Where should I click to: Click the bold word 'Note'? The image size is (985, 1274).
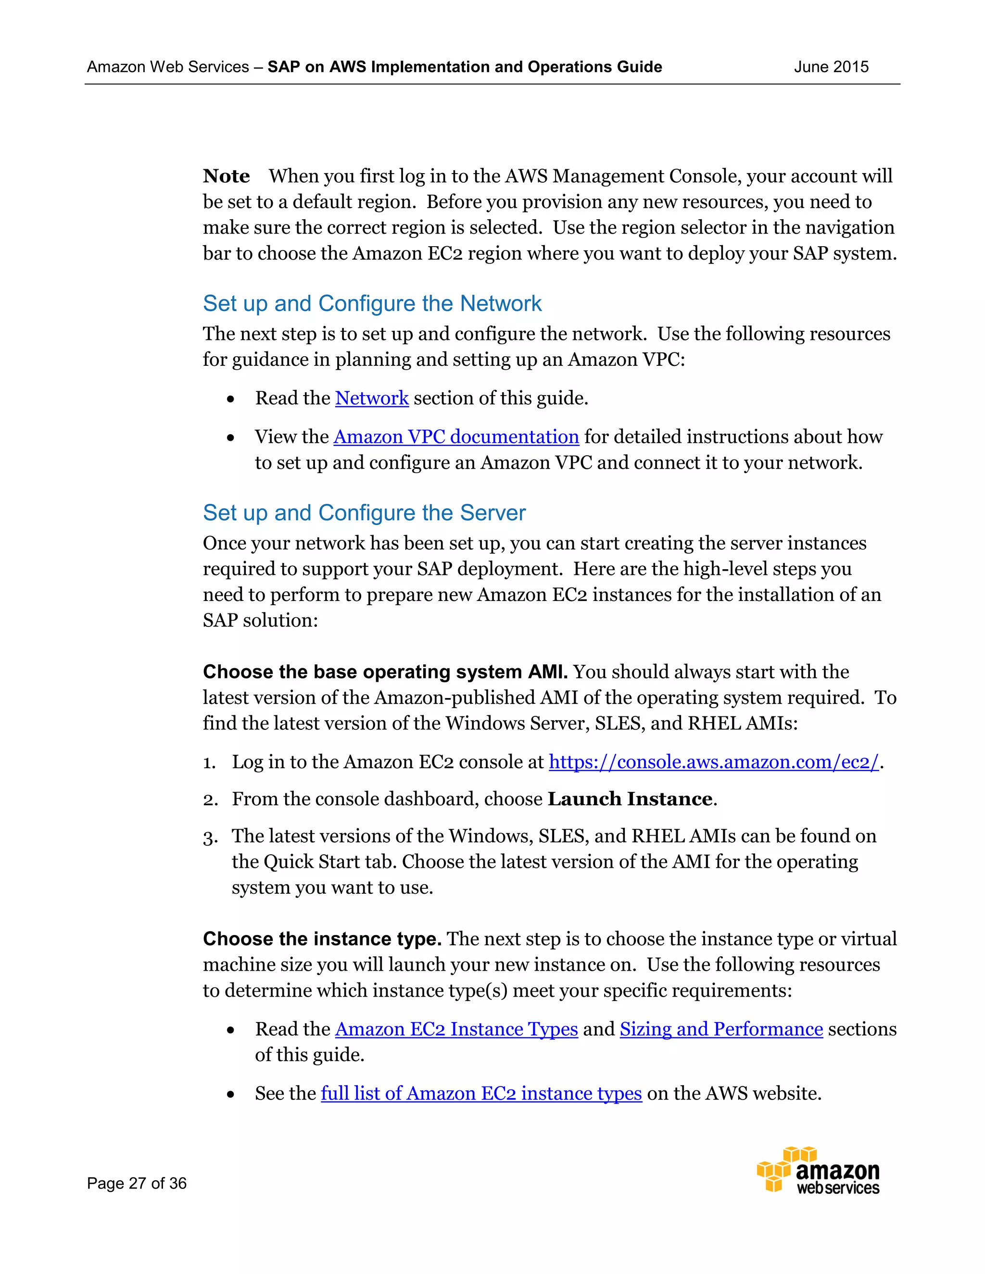(227, 176)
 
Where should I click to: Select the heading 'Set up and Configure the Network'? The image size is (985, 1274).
(372, 304)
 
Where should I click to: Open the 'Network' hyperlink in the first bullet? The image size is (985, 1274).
(372, 399)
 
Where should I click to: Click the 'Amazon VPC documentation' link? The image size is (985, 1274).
(456, 437)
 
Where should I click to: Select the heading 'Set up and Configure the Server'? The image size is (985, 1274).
(364, 513)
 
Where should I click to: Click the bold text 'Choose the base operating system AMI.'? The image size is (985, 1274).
(385, 672)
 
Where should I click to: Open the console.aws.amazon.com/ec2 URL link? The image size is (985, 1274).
(713, 762)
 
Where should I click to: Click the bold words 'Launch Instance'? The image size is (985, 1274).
(630, 799)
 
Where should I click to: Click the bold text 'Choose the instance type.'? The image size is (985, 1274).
(322, 939)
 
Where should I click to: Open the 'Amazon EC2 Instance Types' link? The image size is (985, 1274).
(456, 1030)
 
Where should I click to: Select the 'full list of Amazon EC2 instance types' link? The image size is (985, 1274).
(481, 1094)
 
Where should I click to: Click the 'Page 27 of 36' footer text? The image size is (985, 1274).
(137, 1184)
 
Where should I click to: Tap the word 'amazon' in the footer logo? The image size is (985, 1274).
(837, 1171)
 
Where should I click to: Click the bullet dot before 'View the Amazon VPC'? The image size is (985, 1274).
(231, 438)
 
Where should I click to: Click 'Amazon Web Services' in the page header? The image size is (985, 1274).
(168, 67)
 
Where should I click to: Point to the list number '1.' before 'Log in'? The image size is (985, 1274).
(209, 763)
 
